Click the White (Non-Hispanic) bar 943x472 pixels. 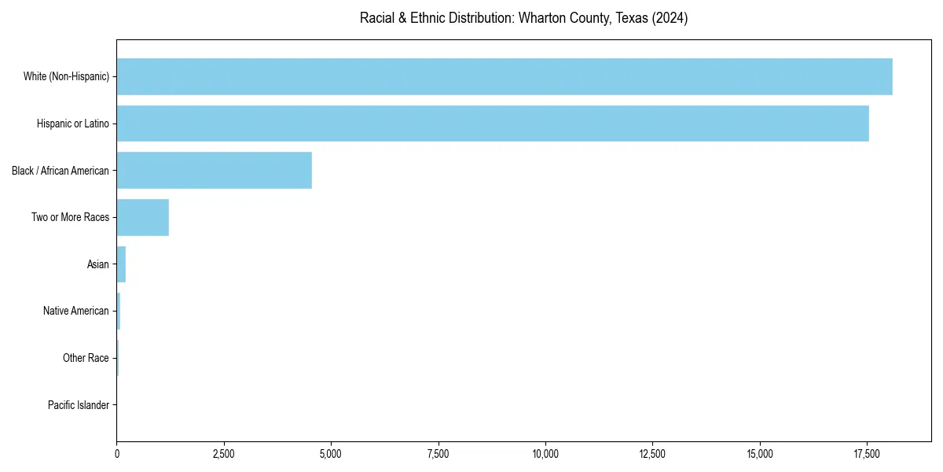click(x=504, y=76)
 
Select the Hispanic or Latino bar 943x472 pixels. click(x=492, y=124)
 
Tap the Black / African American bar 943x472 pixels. click(x=214, y=170)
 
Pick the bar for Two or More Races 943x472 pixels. click(x=142, y=217)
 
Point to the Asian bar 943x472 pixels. click(x=121, y=264)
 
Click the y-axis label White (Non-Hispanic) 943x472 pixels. click(x=66, y=76)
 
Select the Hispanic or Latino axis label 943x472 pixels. click(x=73, y=124)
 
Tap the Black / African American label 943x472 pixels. click(x=61, y=170)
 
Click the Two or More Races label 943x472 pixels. click(x=70, y=217)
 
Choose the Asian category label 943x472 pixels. click(x=98, y=264)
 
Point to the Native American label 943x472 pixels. click(x=76, y=311)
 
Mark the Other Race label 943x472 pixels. click(x=86, y=358)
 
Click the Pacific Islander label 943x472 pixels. click(x=79, y=405)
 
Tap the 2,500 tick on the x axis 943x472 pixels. click(x=224, y=454)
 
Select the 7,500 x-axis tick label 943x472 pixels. click(x=438, y=454)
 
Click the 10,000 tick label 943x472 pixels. click(x=545, y=454)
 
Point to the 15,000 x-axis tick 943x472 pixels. click(x=760, y=454)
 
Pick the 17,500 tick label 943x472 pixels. click(x=867, y=454)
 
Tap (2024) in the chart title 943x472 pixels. click(x=671, y=18)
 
